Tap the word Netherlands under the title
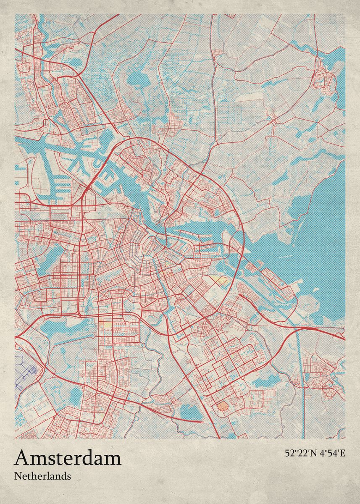click(x=42, y=476)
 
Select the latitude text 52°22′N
click(x=300, y=454)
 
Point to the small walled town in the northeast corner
click(x=324, y=78)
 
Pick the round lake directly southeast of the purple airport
click(x=76, y=395)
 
